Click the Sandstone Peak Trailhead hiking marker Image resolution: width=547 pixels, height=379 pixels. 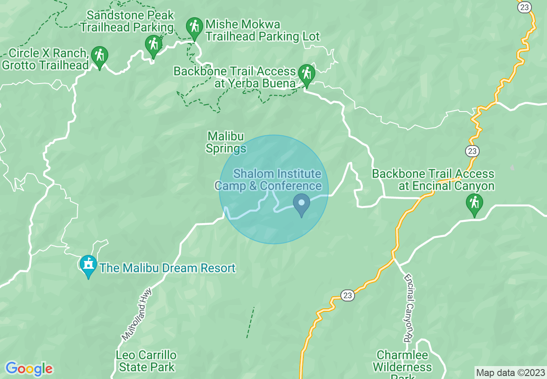coord(153,44)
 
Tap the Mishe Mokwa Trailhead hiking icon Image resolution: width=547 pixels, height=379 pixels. coord(195,27)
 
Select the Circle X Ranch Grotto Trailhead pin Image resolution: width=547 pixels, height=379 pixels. coord(100,56)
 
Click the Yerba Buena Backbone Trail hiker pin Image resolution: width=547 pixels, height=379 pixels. coord(306,74)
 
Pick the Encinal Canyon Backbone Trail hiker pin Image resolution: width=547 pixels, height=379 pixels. coord(474,203)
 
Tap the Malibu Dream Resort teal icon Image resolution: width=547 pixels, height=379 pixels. coord(88,264)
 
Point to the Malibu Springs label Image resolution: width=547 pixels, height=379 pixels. coord(226,143)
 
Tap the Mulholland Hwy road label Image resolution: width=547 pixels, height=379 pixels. coord(137,314)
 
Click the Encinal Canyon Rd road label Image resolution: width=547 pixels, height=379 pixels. coord(409,308)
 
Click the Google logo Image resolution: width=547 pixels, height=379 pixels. coord(29,369)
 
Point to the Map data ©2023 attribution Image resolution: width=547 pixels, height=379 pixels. coord(510,373)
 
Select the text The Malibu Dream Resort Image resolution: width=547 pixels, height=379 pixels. coord(167,268)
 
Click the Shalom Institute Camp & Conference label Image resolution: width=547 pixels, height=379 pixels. coord(268,180)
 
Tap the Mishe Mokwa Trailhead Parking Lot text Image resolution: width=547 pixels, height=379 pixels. coord(262,30)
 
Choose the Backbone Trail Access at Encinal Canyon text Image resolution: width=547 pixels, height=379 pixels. coord(433,180)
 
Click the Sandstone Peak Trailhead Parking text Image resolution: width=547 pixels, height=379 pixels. coord(127,21)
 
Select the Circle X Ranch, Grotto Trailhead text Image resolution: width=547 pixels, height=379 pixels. coord(46,59)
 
